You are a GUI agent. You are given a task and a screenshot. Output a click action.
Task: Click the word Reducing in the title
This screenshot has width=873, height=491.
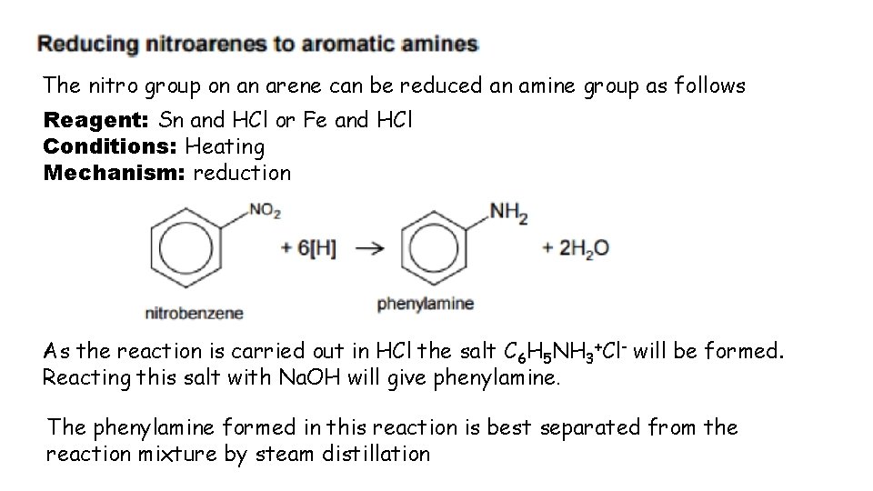pyautogui.click(x=80, y=44)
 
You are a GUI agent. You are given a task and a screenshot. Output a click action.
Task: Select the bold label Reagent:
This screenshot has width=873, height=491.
pyautogui.click(x=98, y=119)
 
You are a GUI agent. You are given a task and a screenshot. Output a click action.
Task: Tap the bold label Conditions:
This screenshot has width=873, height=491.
pyautogui.click(x=111, y=145)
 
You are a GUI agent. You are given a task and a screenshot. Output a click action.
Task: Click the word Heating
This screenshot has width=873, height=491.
pyautogui.click(x=225, y=145)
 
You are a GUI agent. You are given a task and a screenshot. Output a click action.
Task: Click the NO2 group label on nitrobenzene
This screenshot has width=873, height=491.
pyautogui.click(x=265, y=212)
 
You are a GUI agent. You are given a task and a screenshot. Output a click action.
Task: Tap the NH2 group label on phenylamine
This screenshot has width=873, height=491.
pyautogui.click(x=508, y=213)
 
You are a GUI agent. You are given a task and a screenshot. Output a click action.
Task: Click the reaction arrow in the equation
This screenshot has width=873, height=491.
pyautogui.click(x=368, y=247)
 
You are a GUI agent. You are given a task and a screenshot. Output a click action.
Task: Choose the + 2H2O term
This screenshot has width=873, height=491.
pyautogui.click(x=576, y=247)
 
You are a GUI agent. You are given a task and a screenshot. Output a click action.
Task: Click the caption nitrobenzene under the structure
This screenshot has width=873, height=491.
pyautogui.click(x=195, y=314)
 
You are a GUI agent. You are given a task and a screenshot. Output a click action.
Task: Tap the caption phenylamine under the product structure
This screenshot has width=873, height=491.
pyautogui.click(x=426, y=304)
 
